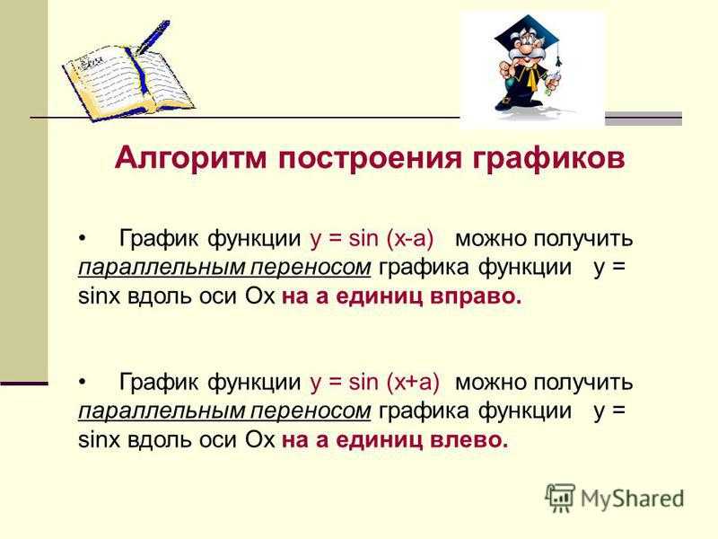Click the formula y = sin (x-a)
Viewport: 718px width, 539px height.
(372, 239)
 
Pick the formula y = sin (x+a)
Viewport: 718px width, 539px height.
(374, 383)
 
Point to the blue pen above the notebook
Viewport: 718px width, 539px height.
(153, 36)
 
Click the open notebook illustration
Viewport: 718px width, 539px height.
(128, 83)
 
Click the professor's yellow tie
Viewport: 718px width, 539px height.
(531, 77)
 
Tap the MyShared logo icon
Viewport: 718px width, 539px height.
(560, 498)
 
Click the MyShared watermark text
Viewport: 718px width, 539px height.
(632, 499)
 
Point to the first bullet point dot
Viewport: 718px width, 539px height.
(83, 239)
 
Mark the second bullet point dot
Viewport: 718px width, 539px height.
(83, 382)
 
